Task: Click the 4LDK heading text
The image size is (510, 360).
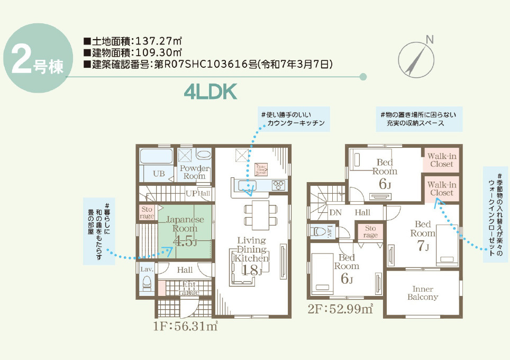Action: coord(210,92)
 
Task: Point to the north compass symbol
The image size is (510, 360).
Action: coord(418,58)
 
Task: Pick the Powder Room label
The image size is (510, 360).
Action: coord(194,173)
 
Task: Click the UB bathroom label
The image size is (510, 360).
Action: coord(158,173)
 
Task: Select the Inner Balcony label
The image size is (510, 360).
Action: coord(423,293)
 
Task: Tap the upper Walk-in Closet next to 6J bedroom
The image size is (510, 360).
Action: coord(441,160)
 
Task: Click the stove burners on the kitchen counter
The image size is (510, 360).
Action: coord(278,185)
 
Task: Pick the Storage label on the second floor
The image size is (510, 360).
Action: coord(370,231)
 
